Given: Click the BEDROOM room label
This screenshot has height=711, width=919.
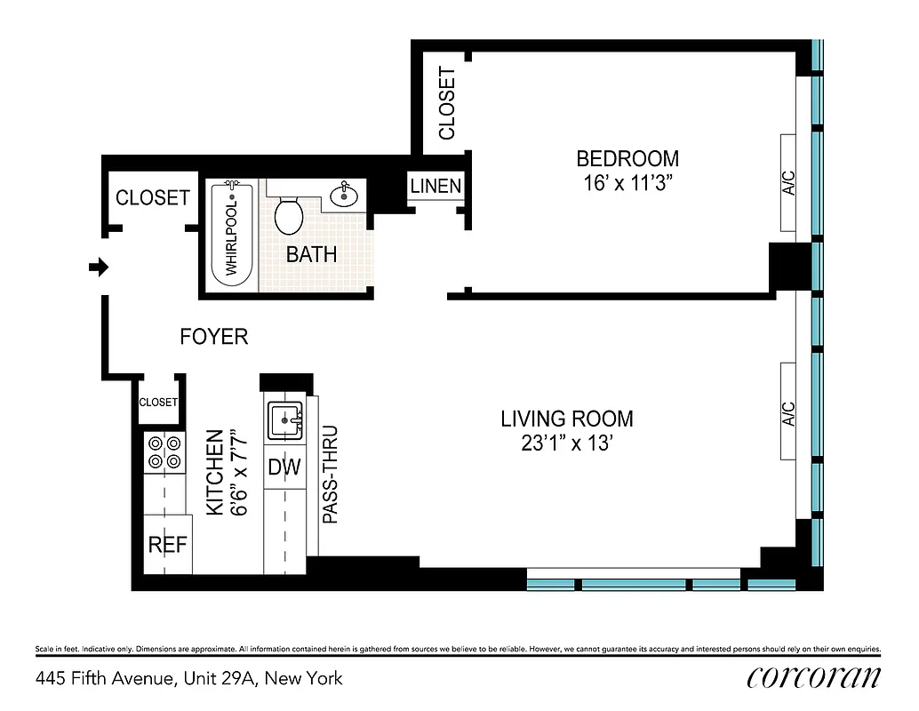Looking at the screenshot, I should pos(627,159).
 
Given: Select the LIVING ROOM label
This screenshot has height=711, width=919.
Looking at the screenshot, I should pos(567,419).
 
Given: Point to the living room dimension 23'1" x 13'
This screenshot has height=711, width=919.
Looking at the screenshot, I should pos(567,443).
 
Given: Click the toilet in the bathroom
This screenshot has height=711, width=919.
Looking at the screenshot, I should pos(288,214).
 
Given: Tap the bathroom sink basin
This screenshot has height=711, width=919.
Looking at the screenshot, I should pos(344,196).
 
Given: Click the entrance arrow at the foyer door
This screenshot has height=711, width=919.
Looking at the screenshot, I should pos(99,267).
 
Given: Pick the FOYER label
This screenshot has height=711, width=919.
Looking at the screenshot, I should pos(213,337).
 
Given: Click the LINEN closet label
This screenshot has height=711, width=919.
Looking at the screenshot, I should pos(436,187).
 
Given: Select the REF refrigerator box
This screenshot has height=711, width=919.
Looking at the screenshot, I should pos(167,544).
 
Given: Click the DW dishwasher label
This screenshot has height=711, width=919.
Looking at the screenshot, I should pos(284,467).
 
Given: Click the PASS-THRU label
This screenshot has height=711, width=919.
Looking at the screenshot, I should pos(330,479).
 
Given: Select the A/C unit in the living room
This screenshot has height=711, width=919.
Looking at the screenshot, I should pos(787,411).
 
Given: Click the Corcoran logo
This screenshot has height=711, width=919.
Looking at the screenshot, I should pos(813,677).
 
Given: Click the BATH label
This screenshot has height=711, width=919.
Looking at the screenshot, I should pos(311,254).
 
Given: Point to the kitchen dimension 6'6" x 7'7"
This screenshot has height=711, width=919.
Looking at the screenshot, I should pos(225,473).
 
